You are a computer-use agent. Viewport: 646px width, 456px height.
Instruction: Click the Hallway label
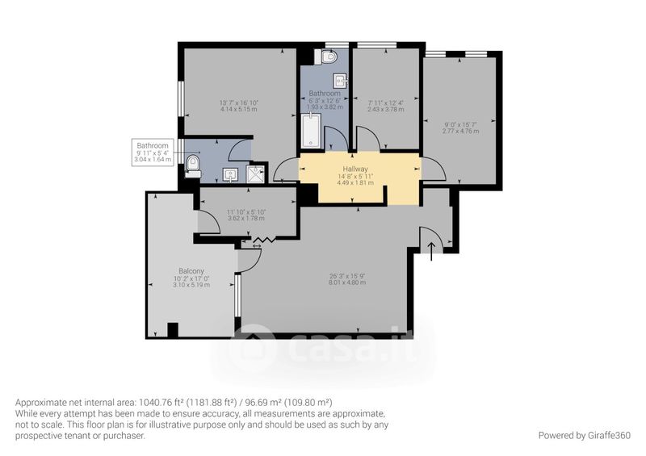tap(355, 169)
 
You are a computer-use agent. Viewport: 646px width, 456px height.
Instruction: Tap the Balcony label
tap(191, 271)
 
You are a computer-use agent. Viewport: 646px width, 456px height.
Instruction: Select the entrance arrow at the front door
tap(431, 252)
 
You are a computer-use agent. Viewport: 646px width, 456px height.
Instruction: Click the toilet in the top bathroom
tap(327, 56)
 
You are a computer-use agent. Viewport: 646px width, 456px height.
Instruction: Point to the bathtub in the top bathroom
tap(310, 131)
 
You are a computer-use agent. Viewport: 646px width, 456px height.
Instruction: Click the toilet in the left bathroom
tap(193, 167)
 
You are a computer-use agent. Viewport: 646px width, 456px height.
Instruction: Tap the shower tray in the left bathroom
tap(257, 174)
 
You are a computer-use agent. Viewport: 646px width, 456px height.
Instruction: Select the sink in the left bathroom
tap(230, 175)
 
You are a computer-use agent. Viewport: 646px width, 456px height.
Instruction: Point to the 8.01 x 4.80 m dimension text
tap(347, 282)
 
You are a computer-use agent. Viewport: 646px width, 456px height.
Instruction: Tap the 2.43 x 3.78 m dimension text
tap(386, 109)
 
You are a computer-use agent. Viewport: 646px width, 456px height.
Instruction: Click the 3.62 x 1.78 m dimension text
tap(246, 219)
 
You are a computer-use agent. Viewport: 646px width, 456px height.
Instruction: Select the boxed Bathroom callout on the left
tap(153, 153)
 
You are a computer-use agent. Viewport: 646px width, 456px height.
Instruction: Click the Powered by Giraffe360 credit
tap(584, 435)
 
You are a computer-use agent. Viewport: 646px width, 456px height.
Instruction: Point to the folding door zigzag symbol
tap(264, 240)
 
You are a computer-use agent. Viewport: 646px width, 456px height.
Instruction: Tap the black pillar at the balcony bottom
tap(173, 330)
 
